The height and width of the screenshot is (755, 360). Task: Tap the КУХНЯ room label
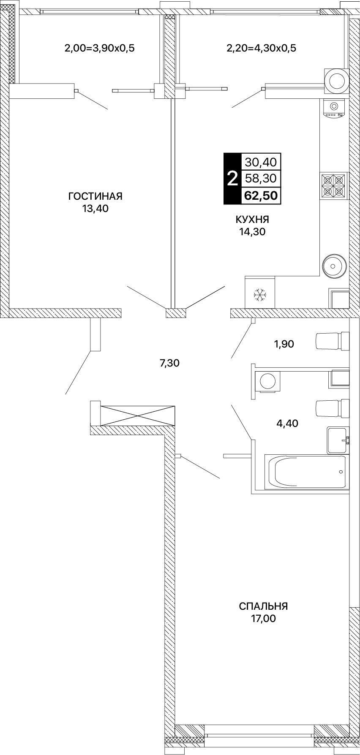coord(252,220)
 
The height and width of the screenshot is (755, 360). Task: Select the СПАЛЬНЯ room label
coord(263,606)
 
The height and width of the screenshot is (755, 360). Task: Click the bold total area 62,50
coord(261,196)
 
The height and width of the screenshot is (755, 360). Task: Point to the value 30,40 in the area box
coord(261,161)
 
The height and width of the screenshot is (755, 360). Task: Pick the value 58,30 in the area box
coord(261,179)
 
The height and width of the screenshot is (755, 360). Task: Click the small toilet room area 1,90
coord(284,344)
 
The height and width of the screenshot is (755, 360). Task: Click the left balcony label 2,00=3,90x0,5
coord(99,48)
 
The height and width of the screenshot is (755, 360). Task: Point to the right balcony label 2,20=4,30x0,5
coord(262,48)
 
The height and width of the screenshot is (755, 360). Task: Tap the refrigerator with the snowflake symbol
coord(259,292)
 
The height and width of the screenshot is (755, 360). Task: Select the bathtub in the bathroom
coord(306,472)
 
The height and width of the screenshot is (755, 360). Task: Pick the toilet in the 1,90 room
coord(333,341)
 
